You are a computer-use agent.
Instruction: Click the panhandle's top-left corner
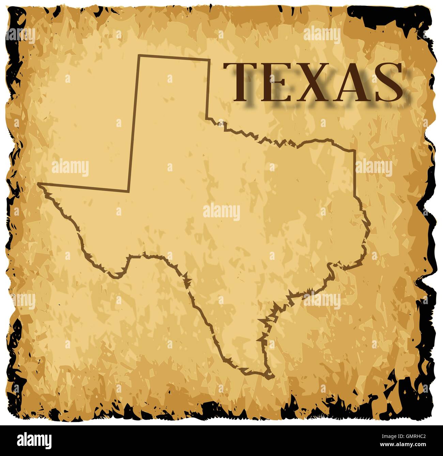(x=139, y=55)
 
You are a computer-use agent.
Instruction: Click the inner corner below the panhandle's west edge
(x=128, y=191)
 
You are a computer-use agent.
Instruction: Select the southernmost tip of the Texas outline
(x=273, y=376)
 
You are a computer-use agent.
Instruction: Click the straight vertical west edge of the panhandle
(x=134, y=123)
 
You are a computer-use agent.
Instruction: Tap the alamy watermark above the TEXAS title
(x=322, y=35)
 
